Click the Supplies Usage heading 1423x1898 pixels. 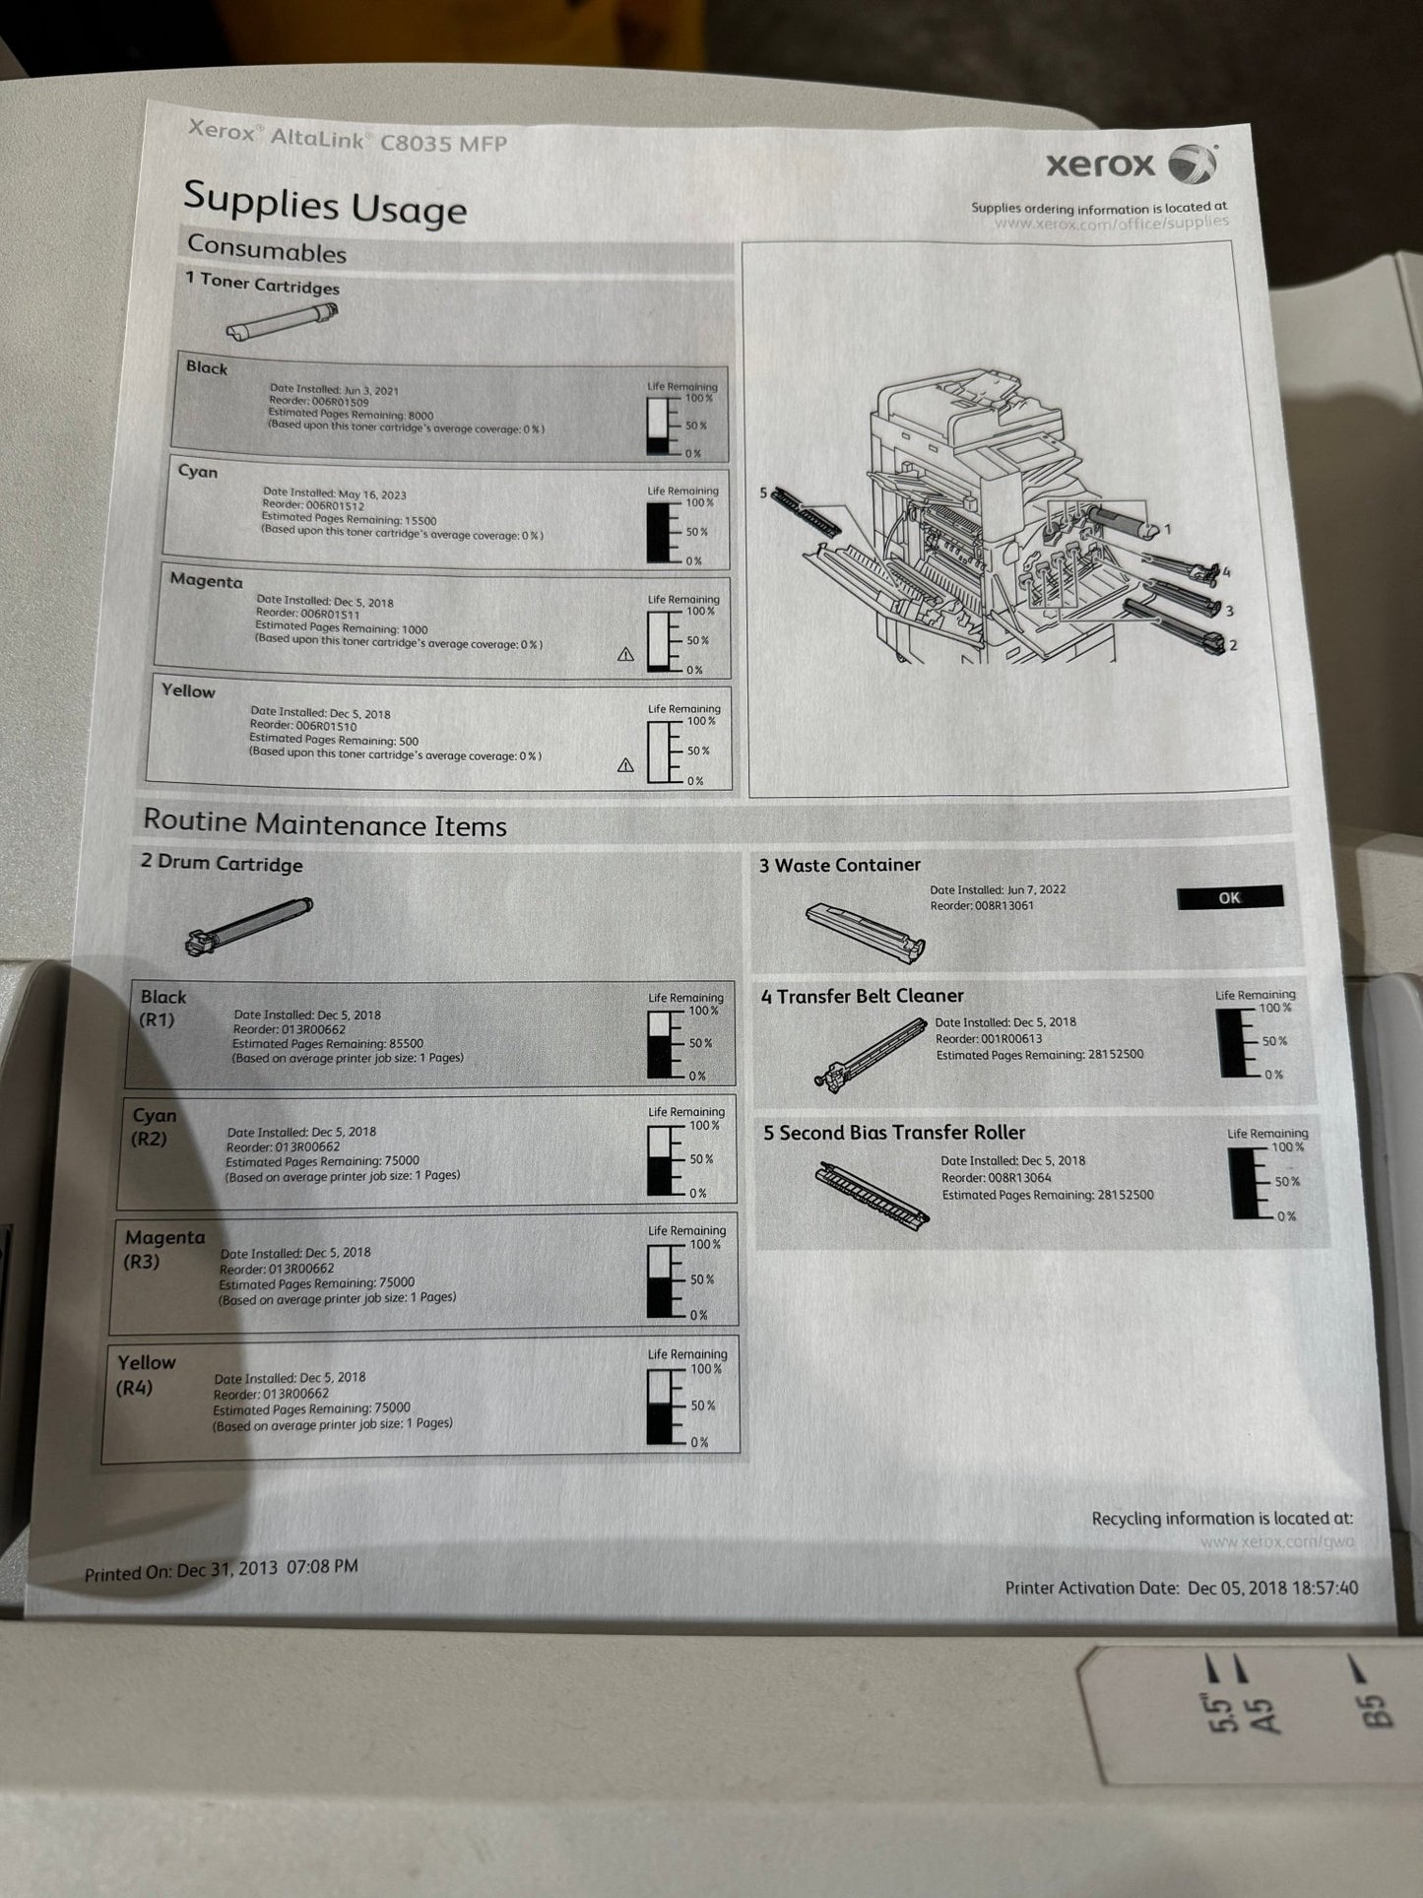pos(324,204)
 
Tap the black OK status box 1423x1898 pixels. pos(1229,897)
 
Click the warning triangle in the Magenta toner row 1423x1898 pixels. pos(625,654)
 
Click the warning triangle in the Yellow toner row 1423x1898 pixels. pos(625,765)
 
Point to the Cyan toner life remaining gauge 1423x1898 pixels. pos(658,533)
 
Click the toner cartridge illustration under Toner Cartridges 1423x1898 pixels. pos(282,321)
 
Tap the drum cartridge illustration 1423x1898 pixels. pos(247,925)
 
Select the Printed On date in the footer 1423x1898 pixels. pos(221,1570)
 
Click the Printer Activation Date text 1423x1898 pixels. pos(1181,1588)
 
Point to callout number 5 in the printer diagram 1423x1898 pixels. pos(763,491)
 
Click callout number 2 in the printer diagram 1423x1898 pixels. pos(1233,645)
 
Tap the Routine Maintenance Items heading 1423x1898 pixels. pos(324,823)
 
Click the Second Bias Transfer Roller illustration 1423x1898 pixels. pos(873,1194)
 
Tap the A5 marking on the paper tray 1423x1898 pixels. pos(1262,1713)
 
